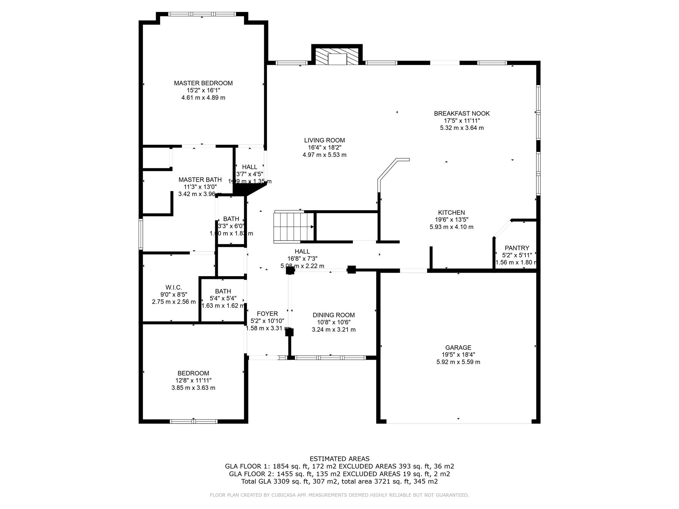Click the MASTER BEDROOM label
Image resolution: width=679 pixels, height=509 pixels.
(203, 83)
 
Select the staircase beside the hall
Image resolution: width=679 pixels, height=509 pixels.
(293, 227)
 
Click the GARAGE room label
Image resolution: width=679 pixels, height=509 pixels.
(458, 347)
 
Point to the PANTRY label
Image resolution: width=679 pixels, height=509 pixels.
(517, 248)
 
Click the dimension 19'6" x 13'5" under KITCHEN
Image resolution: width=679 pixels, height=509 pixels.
(451, 220)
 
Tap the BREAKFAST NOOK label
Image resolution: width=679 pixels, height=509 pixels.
(462, 113)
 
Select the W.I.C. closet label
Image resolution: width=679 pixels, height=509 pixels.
(174, 287)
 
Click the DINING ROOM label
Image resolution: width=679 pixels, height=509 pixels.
(334, 315)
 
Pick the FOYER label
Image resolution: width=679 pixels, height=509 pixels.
(267, 313)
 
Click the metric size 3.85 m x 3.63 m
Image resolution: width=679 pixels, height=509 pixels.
(193, 388)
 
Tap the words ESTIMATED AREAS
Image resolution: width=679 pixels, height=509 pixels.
(339, 459)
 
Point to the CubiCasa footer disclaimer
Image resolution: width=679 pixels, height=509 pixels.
(339, 495)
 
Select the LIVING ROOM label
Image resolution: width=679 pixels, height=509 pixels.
(324, 140)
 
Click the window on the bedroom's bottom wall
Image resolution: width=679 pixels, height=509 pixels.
(194, 422)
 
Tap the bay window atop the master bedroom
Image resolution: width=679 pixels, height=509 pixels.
(202, 14)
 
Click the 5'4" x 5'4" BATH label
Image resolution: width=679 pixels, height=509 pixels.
(223, 291)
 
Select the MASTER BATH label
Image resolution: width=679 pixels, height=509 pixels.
(200, 180)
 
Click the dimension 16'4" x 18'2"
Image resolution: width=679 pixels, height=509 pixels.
(324, 147)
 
